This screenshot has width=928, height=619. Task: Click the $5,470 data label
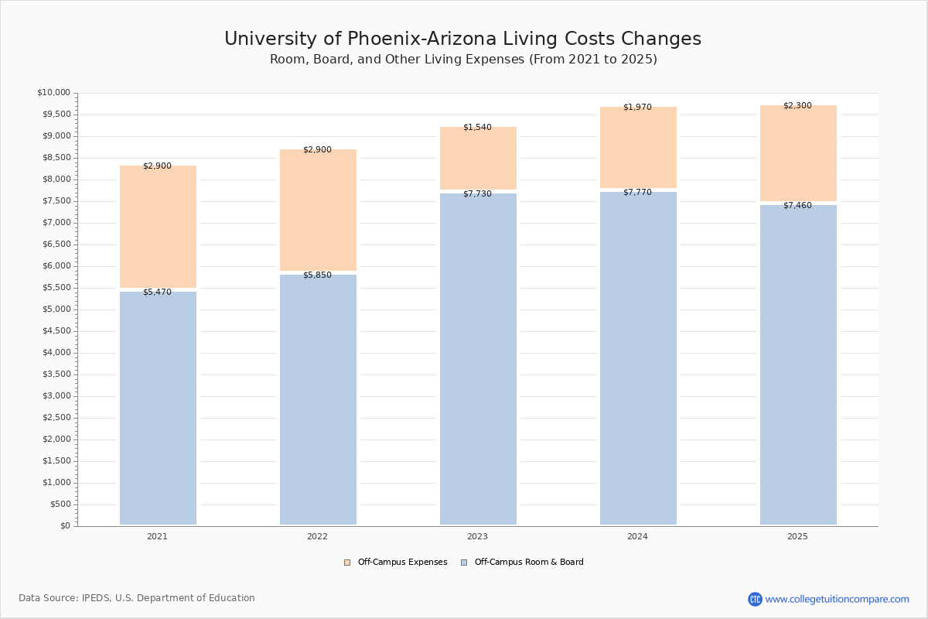pos(157,292)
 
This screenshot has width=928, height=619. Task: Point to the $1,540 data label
pos(477,128)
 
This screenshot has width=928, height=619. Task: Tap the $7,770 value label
pos(637,193)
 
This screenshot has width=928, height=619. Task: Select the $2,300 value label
pos(797,106)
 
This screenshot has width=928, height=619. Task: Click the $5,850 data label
pos(317,275)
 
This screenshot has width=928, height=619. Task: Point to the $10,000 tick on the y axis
pos(53,93)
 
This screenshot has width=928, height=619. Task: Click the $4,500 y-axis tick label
pos(55,331)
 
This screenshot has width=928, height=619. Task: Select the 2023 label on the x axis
pos(477,536)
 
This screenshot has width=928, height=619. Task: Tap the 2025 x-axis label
pos(797,536)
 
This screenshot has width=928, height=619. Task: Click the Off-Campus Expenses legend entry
pos(396,563)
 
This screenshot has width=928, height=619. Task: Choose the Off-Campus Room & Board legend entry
pos(522,563)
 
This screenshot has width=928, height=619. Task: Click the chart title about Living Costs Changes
pos(462,39)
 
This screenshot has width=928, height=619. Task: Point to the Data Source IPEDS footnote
pos(137,598)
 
